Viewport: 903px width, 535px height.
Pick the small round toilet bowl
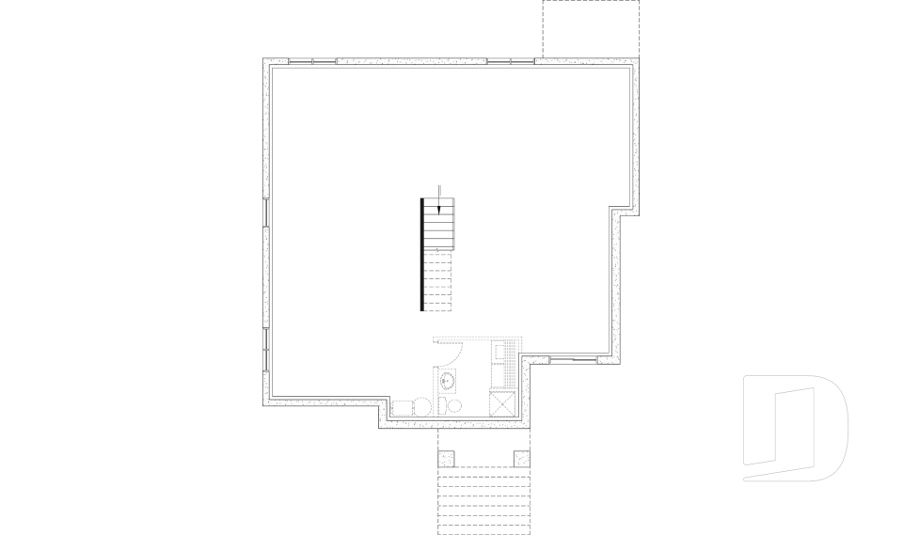click(455, 406)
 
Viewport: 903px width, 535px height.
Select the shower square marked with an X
click(503, 403)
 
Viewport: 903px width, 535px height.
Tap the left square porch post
click(447, 459)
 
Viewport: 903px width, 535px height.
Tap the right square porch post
click(521, 459)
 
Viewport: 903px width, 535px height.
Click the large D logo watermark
click(795, 428)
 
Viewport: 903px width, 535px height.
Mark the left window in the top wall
click(312, 62)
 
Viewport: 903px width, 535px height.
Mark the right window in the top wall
click(511, 62)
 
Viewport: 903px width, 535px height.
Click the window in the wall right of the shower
click(572, 360)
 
